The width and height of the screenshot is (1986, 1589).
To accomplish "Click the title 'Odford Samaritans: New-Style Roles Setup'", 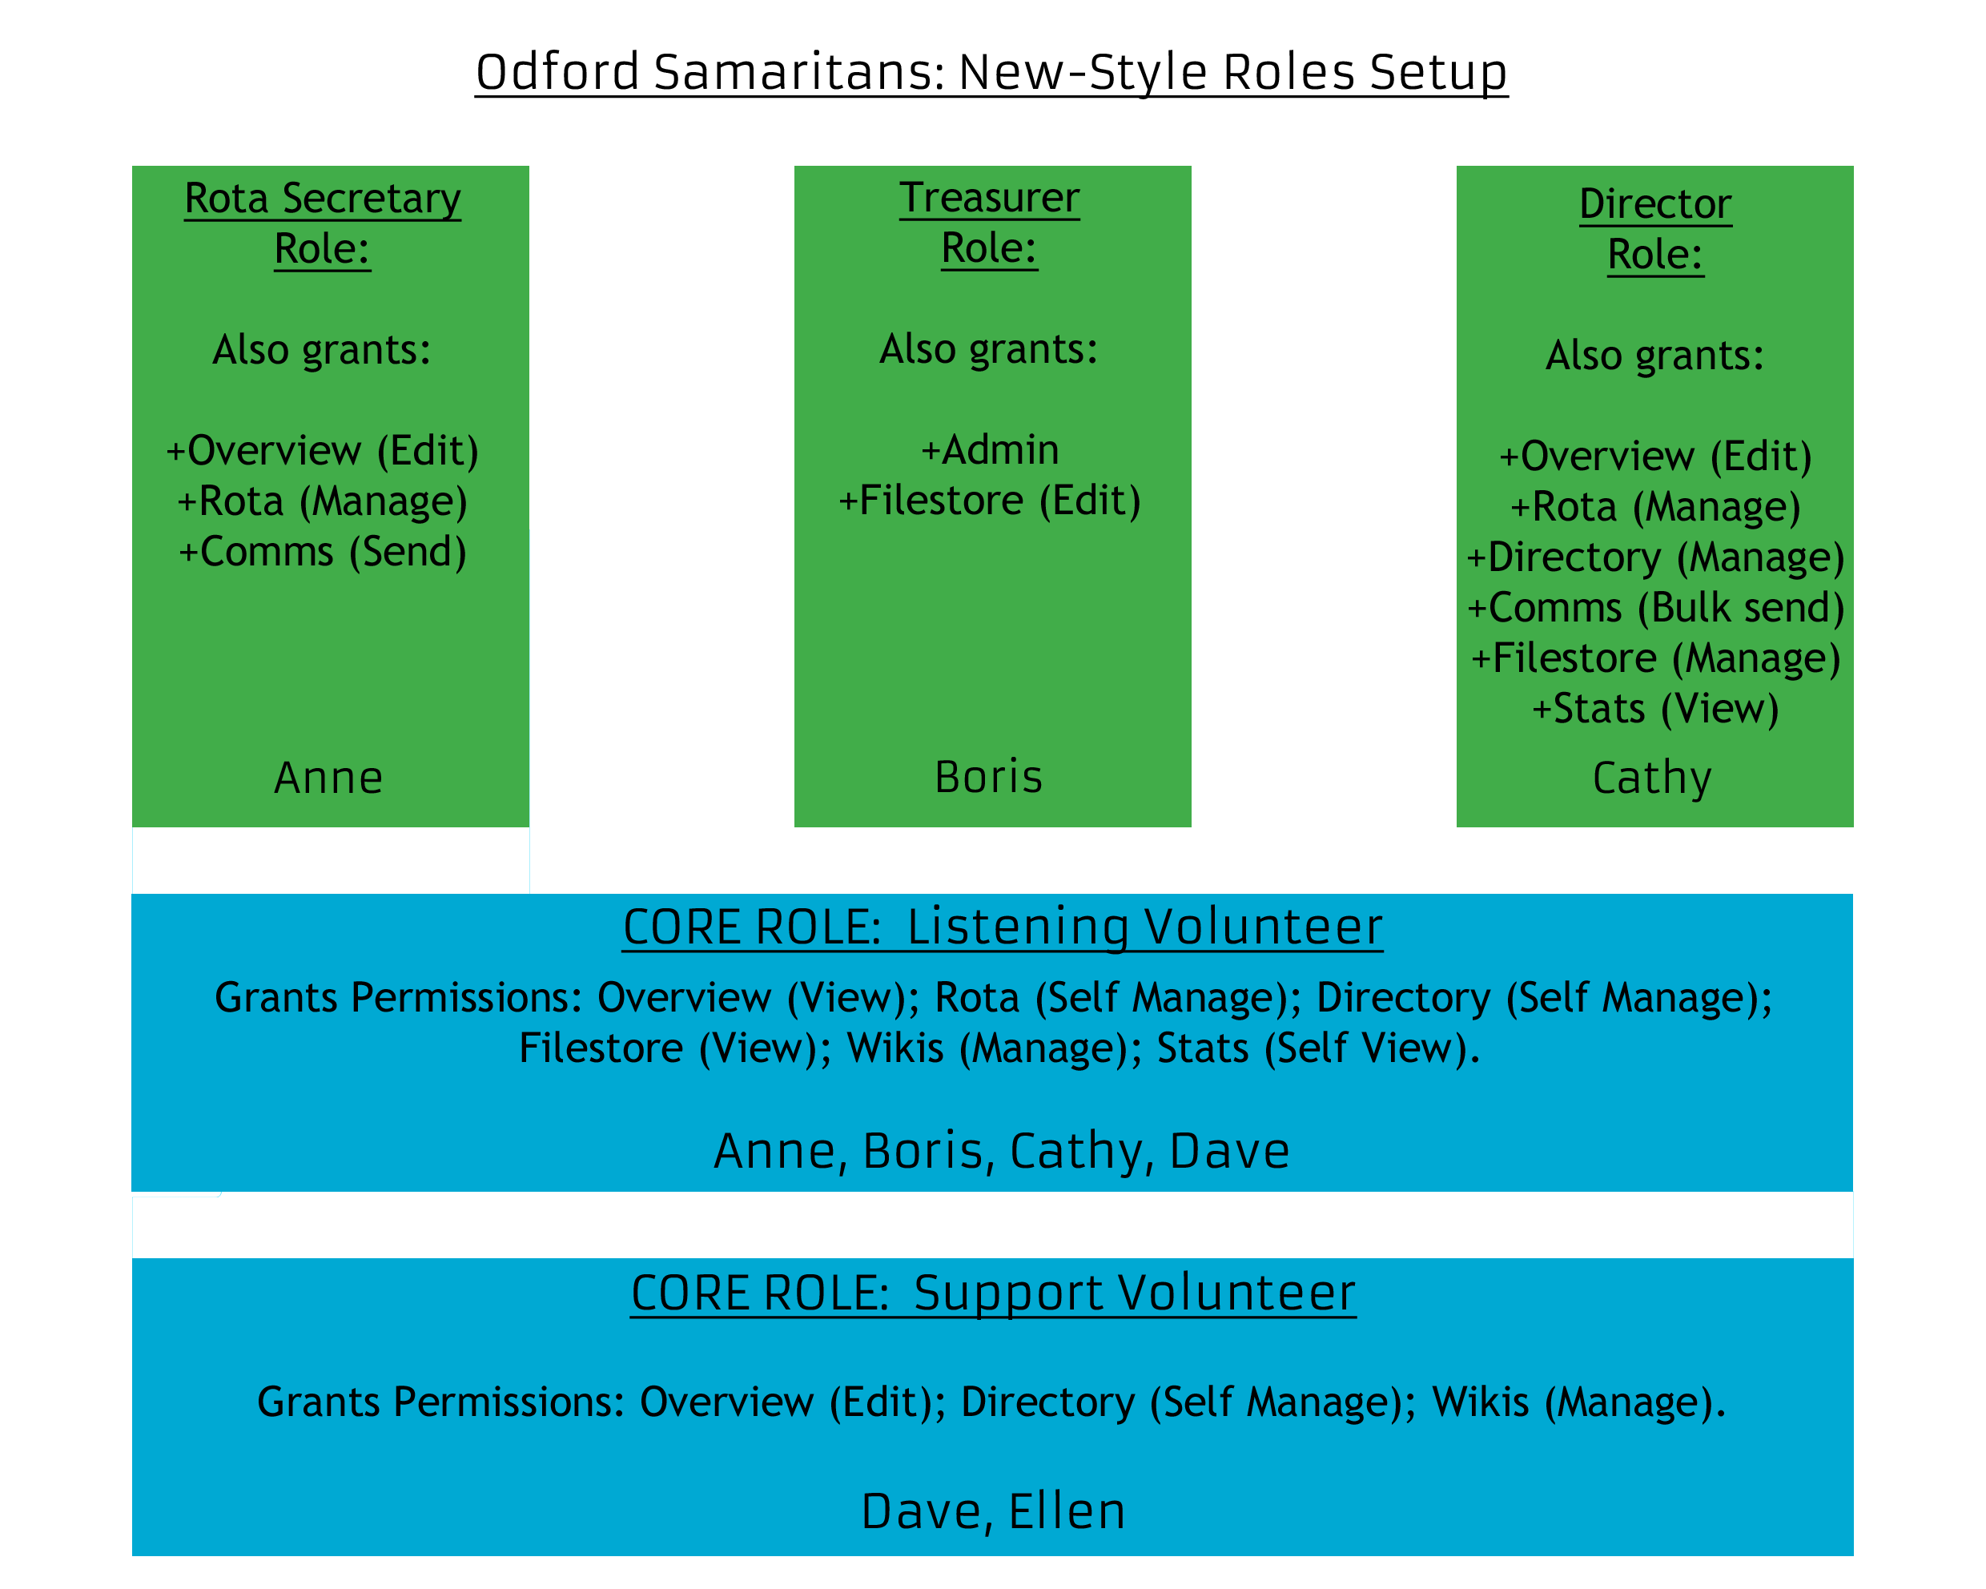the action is (991, 72).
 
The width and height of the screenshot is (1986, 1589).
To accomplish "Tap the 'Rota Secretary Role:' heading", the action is (323, 223).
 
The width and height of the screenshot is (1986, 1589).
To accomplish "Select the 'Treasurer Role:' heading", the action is (989, 223).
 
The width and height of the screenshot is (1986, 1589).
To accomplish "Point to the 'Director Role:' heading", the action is (1655, 228).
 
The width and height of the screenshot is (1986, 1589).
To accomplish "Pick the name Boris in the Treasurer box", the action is (988, 777).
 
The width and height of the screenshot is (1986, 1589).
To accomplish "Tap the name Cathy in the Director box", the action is (1653, 779).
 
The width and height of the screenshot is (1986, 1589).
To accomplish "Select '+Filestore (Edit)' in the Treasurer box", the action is (989, 501).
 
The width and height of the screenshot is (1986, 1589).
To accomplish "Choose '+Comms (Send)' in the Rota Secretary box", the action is (323, 552).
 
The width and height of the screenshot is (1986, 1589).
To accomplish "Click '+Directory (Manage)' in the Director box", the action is (1655, 557).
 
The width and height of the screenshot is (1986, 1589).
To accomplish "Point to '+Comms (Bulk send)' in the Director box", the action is (1655, 608).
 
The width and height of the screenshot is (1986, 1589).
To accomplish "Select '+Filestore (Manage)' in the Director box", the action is (1655, 658).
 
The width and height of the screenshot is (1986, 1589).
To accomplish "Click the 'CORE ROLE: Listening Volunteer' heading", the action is (1003, 927).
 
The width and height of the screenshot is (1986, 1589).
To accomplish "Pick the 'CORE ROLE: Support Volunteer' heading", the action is (993, 1293).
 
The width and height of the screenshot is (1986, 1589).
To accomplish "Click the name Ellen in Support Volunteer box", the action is (1067, 1511).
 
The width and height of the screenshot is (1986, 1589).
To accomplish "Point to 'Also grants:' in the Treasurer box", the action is (989, 349).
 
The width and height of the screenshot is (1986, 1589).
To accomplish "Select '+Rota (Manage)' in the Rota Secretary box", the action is (323, 501).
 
